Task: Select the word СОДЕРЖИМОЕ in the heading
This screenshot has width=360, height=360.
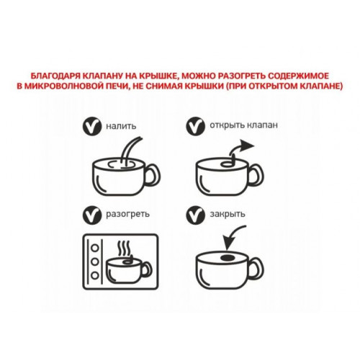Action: tap(298, 76)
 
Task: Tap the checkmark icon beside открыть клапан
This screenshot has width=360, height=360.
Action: tap(195, 125)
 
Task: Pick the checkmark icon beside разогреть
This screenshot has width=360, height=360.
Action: tap(92, 215)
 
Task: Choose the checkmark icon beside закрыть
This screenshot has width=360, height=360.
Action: tap(195, 215)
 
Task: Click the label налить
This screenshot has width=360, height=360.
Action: tap(121, 126)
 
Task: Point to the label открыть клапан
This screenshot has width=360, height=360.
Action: tap(243, 125)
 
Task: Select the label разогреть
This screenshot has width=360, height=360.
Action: tap(127, 214)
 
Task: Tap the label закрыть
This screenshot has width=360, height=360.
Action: tap(228, 214)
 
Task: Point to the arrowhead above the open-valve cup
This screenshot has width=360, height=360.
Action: tap(247, 145)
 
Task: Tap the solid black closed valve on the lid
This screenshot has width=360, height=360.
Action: tap(227, 258)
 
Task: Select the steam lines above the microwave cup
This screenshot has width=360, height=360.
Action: tap(124, 248)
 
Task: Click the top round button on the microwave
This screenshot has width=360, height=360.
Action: tap(95, 248)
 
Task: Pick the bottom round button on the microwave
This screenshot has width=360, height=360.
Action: tap(95, 275)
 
